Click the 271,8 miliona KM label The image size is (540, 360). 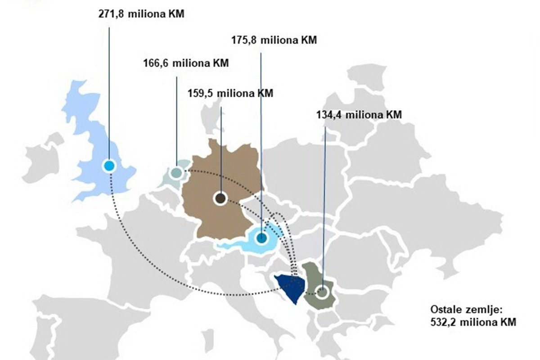[141, 14]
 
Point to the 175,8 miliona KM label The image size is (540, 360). [274, 40]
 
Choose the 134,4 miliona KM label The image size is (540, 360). [359, 114]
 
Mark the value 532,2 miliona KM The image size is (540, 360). [473, 322]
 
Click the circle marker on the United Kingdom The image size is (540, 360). [109, 166]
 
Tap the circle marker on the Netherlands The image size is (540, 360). [177, 172]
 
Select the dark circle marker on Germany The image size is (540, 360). [220, 198]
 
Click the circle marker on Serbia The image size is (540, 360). [322, 292]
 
